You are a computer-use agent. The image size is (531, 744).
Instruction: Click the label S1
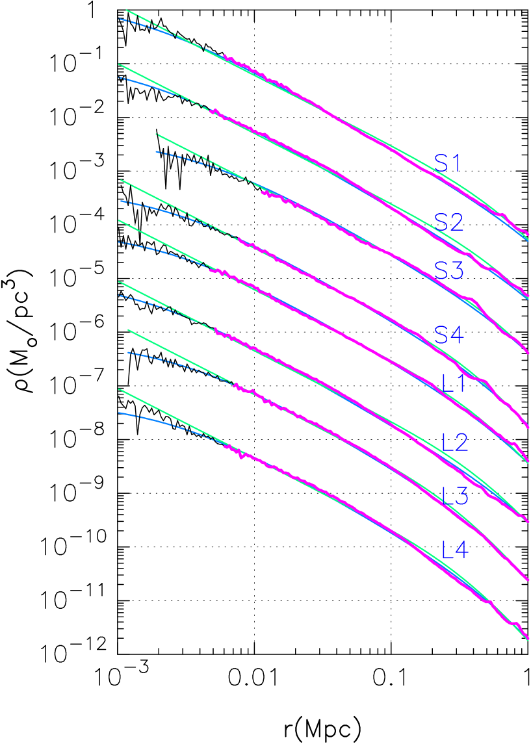[447, 163]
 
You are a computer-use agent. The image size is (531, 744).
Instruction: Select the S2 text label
[449, 223]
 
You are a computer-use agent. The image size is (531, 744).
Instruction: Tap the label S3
[449, 270]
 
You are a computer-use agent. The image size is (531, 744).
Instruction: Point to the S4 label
[449, 335]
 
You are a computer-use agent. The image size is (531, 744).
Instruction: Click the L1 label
[454, 383]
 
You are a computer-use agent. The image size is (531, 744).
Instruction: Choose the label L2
[455, 443]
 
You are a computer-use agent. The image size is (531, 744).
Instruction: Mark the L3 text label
[455, 496]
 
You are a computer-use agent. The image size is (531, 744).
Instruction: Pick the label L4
[455, 550]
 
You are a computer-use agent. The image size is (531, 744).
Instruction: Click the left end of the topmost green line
[126, 10]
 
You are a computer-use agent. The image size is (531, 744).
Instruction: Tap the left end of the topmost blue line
[120, 19]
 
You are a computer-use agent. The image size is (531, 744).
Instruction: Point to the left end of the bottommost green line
[119, 390]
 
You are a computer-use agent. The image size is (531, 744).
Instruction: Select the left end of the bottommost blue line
[119, 413]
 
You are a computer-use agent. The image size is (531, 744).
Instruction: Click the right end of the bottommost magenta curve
[528, 639]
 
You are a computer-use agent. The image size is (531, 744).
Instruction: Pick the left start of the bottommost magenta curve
[224, 446]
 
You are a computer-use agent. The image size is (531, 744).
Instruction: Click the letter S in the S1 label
[441, 163]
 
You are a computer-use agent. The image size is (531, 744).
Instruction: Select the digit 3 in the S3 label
[457, 270]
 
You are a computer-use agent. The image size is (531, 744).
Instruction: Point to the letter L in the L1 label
[447, 383]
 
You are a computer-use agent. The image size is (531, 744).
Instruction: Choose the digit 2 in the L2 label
[461, 443]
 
